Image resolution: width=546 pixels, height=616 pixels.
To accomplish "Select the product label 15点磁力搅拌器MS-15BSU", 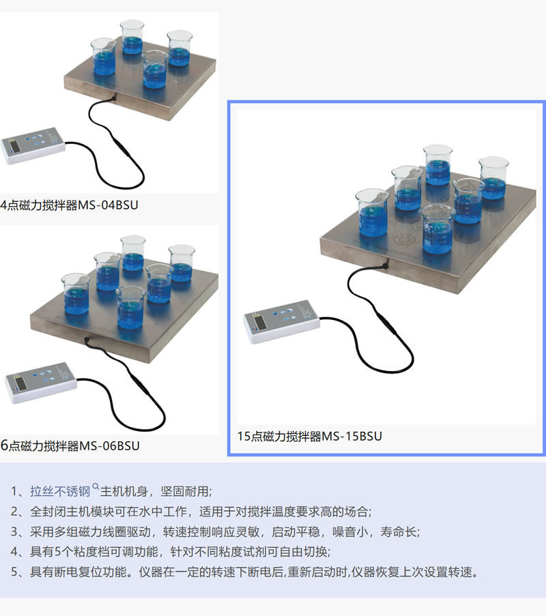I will click(x=309, y=436).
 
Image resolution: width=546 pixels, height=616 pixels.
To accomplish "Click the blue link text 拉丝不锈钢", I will click(x=60, y=491).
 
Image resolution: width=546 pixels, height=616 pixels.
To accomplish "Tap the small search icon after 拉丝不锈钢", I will click(x=96, y=487).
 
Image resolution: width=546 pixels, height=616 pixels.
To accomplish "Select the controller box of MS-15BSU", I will click(x=281, y=323).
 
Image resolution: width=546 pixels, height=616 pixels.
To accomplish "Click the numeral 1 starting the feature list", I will click(x=14, y=492).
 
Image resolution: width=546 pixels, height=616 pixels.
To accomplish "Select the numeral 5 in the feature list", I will click(x=14, y=572).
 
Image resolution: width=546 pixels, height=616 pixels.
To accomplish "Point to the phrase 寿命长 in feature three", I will click(x=400, y=531).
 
